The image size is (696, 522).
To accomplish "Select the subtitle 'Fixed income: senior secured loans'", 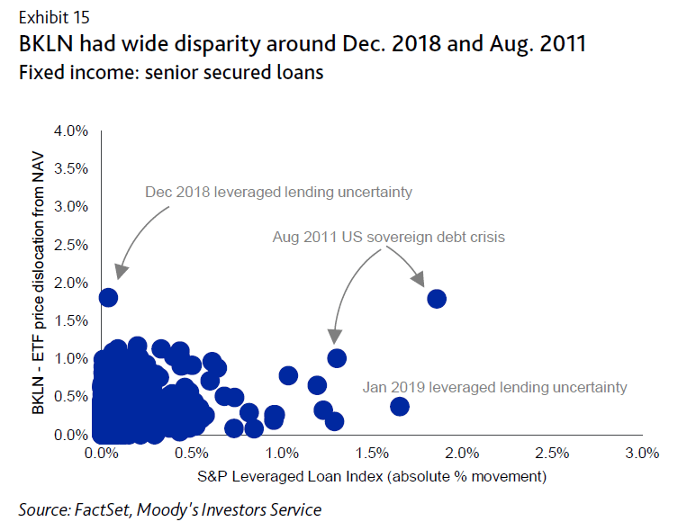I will (170, 73).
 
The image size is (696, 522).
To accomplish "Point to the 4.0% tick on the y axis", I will (71, 130).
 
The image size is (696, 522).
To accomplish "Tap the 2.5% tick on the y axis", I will (71, 245).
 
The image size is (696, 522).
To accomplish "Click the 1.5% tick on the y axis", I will (71, 321).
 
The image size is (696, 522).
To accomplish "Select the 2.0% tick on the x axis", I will (461, 452).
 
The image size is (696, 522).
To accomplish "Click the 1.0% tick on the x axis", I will (281, 452).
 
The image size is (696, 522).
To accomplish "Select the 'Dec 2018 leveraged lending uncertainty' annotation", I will (278, 192).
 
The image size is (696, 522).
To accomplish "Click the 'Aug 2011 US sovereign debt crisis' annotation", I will (388, 238).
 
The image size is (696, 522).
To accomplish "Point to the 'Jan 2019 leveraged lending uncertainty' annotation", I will (494, 387).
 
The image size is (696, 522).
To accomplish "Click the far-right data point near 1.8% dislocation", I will (437, 299).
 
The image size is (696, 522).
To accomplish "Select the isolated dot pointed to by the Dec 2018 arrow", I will (108, 297).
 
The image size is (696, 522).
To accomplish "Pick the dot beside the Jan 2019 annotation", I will (400, 406).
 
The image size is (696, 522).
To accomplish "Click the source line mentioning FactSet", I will (169, 510).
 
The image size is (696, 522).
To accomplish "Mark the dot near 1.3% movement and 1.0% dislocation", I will (337, 358).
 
